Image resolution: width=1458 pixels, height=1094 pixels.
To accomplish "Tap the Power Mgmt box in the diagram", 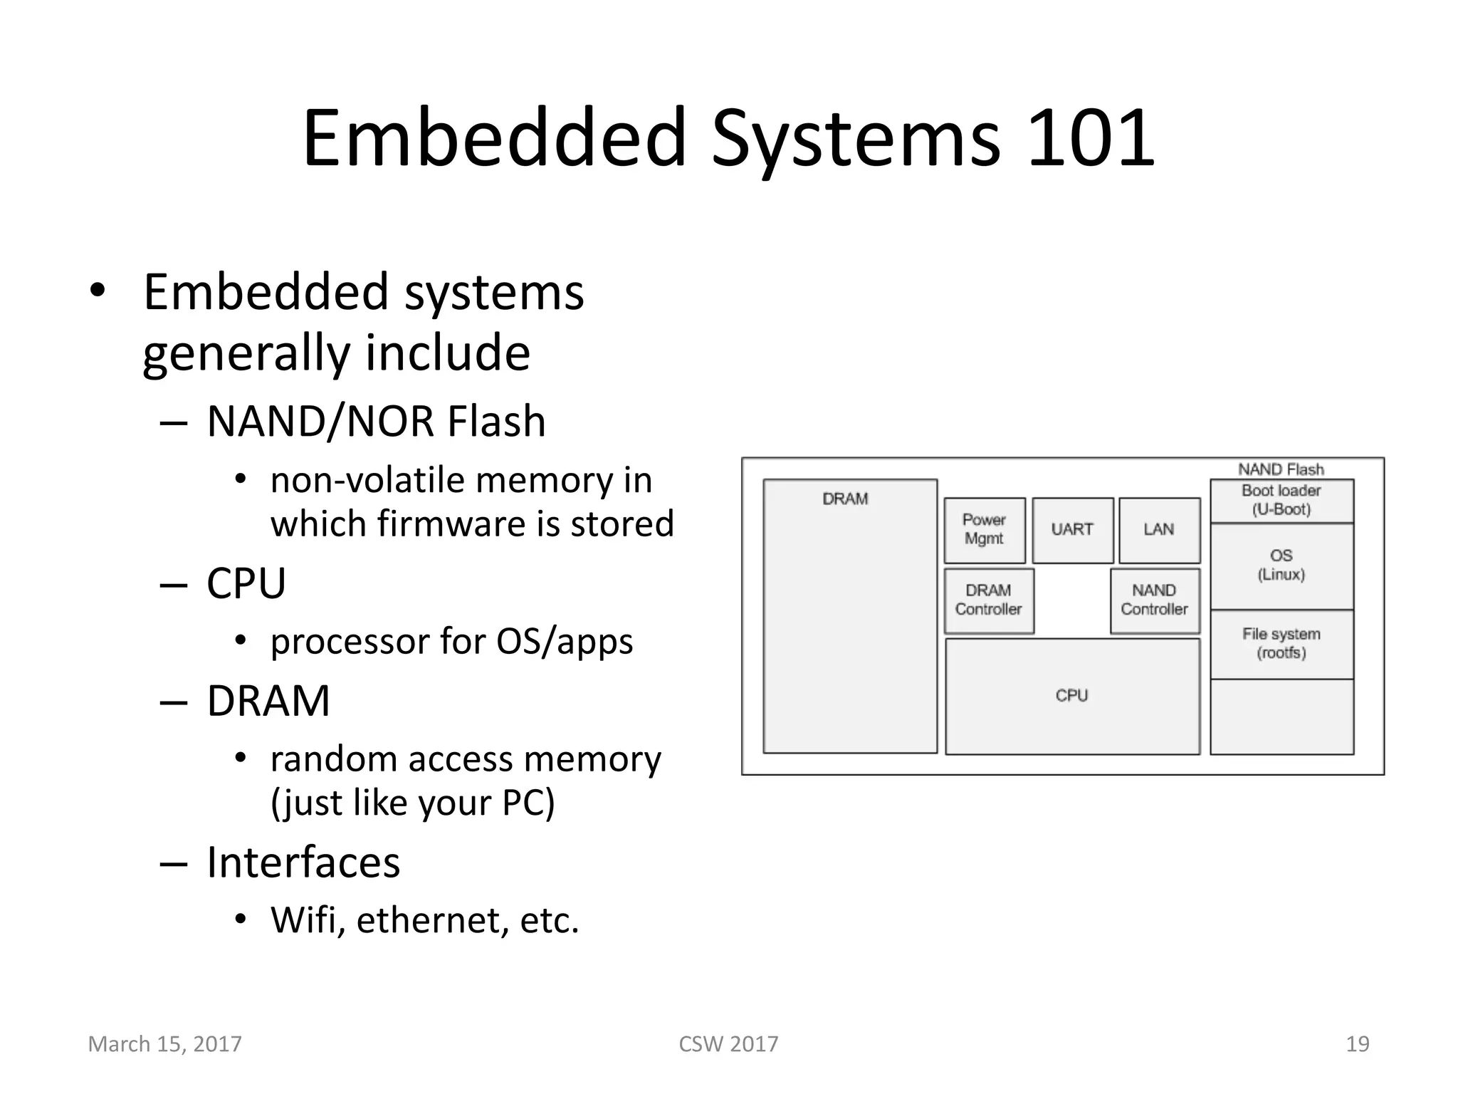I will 985,530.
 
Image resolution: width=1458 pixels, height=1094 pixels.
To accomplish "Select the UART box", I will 1072,530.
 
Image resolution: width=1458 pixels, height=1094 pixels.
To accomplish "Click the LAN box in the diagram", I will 1159,530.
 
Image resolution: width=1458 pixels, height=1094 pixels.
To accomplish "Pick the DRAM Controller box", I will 989,600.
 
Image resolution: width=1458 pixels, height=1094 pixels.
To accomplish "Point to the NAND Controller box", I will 1155,600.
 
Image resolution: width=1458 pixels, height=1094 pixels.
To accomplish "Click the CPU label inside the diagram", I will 1072,695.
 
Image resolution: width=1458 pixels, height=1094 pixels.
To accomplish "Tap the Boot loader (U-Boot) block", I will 1281,500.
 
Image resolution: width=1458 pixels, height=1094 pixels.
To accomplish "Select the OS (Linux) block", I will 1281,566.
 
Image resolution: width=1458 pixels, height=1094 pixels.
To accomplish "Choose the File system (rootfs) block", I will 1281,644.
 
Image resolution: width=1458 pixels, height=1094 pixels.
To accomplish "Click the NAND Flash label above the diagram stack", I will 1281,469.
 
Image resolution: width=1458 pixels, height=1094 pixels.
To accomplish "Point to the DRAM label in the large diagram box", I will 846,499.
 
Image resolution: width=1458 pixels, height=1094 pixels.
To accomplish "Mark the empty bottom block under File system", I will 1281,717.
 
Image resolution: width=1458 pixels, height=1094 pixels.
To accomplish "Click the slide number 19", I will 1358,1044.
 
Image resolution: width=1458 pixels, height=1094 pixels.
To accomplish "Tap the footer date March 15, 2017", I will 165,1044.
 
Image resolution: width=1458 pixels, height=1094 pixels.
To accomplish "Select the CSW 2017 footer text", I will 728,1044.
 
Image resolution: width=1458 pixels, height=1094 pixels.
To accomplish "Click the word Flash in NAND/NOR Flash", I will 496,422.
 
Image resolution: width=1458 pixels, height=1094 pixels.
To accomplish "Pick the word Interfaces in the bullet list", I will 303,863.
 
